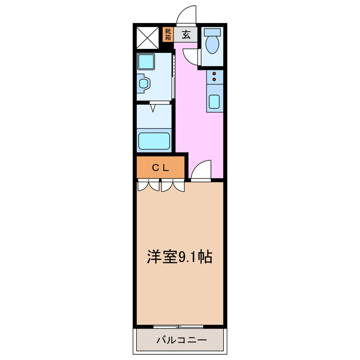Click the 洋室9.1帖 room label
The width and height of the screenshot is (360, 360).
click(x=179, y=257)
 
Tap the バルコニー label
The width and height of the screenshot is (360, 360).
click(x=181, y=340)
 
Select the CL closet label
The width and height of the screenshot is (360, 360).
click(x=161, y=167)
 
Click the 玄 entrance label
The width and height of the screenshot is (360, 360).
click(x=186, y=34)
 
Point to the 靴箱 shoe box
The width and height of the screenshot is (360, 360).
click(x=168, y=34)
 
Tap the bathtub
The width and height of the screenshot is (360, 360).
click(x=154, y=140)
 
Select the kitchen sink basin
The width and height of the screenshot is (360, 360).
click(x=215, y=102)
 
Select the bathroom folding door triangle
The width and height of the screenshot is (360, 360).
click(x=153, y=105)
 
